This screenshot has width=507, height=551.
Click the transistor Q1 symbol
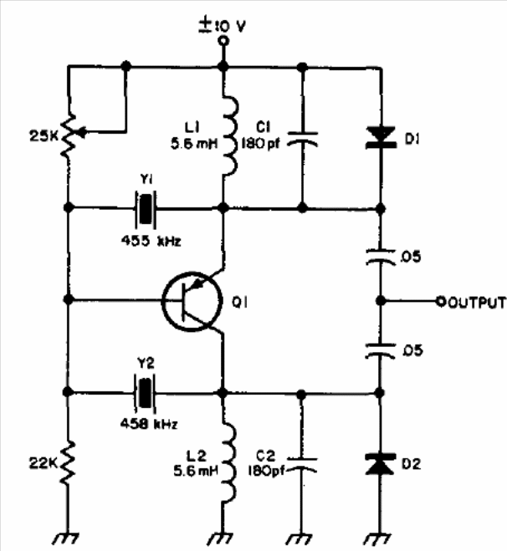(192, 301)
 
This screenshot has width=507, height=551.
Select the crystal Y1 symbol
(146, 208)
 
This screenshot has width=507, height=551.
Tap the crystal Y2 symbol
(145, 392)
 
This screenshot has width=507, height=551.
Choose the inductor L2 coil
(229, 463)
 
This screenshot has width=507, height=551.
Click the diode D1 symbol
(382, 138)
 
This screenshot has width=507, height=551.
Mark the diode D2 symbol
(380, 464)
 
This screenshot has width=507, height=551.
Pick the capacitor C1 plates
(302, 139)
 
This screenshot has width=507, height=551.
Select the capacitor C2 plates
(302, 465)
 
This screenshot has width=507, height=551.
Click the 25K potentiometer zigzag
(69, 135)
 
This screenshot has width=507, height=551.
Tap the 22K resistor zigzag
(69, 464)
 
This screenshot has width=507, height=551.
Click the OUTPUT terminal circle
(440, 301)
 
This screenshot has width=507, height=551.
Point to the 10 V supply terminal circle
(223, 42)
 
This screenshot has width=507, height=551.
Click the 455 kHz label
(151, 241)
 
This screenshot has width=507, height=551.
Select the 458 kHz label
(149, 424)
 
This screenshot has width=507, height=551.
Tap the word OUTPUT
(476, 302)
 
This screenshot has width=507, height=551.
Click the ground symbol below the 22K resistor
(66, 538)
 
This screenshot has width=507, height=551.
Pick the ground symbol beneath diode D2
(377, 538)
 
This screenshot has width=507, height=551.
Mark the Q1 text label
(240, 302)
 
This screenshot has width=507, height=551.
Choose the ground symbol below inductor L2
(220, 538)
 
